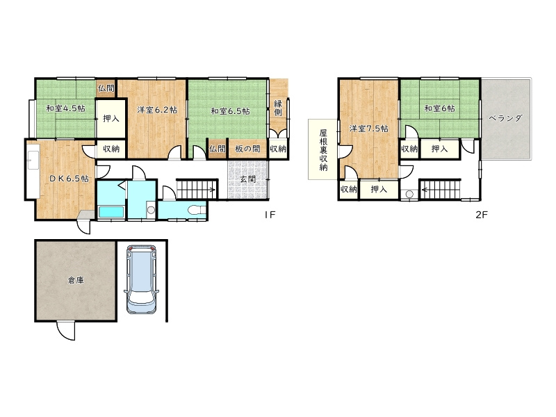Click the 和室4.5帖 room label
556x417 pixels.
(65, 108)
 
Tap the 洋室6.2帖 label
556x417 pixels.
(157, 110)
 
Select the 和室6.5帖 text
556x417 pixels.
(231, 111)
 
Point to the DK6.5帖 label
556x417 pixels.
(69, 179)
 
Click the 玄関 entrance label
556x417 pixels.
(248, 179)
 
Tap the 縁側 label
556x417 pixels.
(278, 108)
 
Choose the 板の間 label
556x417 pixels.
(247, 149)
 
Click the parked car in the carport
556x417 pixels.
(142, 279)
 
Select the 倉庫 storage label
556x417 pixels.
(76, 281)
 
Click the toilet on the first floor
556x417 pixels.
(197, 210)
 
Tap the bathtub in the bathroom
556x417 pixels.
(111, 213)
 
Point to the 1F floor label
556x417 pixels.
(270, 215)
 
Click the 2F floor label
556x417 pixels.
(482, 215)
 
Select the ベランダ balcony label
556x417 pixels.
(506, 118)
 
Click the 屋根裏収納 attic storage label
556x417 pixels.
(323, 150)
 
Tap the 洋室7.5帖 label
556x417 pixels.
(369, 129)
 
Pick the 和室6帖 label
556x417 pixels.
(440, 108)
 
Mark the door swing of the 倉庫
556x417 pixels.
(66, 330)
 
